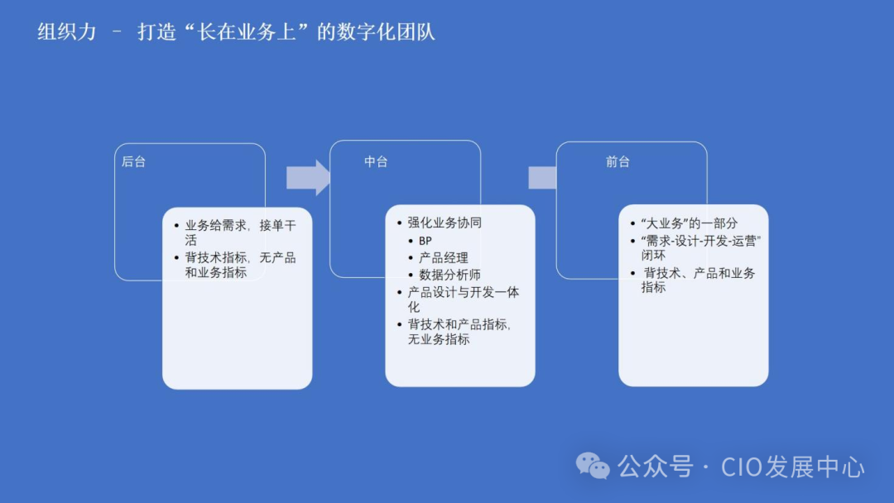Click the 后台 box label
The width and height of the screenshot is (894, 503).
tap(133, 162)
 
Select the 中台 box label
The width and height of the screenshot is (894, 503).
tap(376, 162)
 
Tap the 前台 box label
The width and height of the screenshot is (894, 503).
tap(618, 162)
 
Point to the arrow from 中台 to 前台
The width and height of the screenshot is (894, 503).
tap(542, 177)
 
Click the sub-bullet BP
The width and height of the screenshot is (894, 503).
tap(425, 240)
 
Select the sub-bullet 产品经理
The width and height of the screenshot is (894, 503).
tap(444, 257)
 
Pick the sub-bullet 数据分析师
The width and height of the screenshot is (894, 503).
tap(449, 275)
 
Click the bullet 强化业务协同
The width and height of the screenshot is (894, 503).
tap(445, 223)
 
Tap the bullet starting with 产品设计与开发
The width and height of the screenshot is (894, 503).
tap(463, 299)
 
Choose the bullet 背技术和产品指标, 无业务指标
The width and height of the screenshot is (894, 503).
tap(459, 331)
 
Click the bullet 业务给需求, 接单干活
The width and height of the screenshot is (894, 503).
tap(239, 232)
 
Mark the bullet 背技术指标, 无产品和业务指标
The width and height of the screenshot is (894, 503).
tap(239, 265)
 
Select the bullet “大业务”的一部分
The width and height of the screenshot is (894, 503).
tap(689, 223)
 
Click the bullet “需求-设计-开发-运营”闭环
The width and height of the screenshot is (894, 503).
tap(700, 247)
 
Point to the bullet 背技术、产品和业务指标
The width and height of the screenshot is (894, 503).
tap(699, 280)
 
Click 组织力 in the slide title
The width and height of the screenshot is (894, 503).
tap(67, 32)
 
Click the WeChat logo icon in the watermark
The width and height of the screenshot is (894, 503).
tap(593, 466)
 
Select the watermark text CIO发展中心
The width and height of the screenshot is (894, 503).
tap(793, 467)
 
